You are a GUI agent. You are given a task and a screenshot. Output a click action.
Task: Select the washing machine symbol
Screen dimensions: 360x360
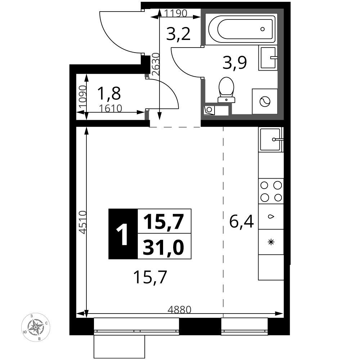click(x=265, y=101)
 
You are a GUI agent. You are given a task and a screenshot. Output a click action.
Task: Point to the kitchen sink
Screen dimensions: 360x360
click(x=270, y=139)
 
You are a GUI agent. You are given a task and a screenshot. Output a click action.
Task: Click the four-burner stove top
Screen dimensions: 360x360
click(x=271, y=191)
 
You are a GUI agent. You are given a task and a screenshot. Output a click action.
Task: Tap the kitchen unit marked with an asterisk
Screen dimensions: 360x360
click(x=271, y=242)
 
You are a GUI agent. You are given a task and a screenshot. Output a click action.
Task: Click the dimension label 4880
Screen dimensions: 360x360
click(x=179, y=309)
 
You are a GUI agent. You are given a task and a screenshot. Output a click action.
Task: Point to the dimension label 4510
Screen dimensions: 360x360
click(x=83, y=222)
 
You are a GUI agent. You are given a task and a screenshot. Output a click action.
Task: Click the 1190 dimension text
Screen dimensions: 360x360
click(x=176, y=14)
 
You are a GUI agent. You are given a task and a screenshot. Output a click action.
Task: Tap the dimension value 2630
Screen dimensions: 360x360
click(x=156, y=64)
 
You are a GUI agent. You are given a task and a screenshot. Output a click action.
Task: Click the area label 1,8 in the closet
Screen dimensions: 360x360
click(x=109, y=94)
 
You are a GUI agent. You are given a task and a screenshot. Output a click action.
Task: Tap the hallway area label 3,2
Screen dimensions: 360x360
click(x=179, y=35)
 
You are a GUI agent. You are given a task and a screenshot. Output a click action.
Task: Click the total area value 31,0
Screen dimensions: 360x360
click(x=164, y=247)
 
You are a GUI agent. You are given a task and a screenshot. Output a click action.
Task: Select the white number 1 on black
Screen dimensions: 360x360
click(x=123, y=234)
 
